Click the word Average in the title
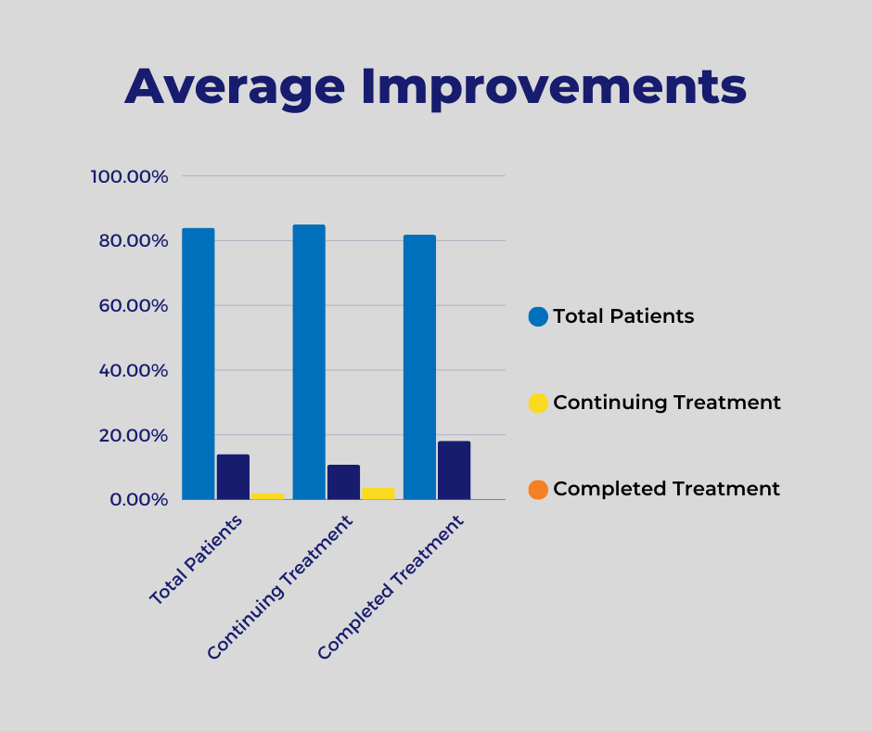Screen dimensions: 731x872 235,86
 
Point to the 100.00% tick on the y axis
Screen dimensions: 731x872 129,176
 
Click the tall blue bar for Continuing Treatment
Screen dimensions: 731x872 309,362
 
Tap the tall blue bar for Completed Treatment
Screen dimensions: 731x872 419,367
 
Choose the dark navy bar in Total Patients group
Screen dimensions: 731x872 233,477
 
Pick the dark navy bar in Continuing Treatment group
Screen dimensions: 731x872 343,482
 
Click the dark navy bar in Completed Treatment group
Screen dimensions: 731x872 454,470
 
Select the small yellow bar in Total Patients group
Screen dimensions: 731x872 267,496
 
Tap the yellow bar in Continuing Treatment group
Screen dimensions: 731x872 378,494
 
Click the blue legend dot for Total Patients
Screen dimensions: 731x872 538,316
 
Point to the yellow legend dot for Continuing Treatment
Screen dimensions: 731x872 538,403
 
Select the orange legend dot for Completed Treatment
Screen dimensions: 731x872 538,489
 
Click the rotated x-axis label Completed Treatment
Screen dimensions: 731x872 391,589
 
